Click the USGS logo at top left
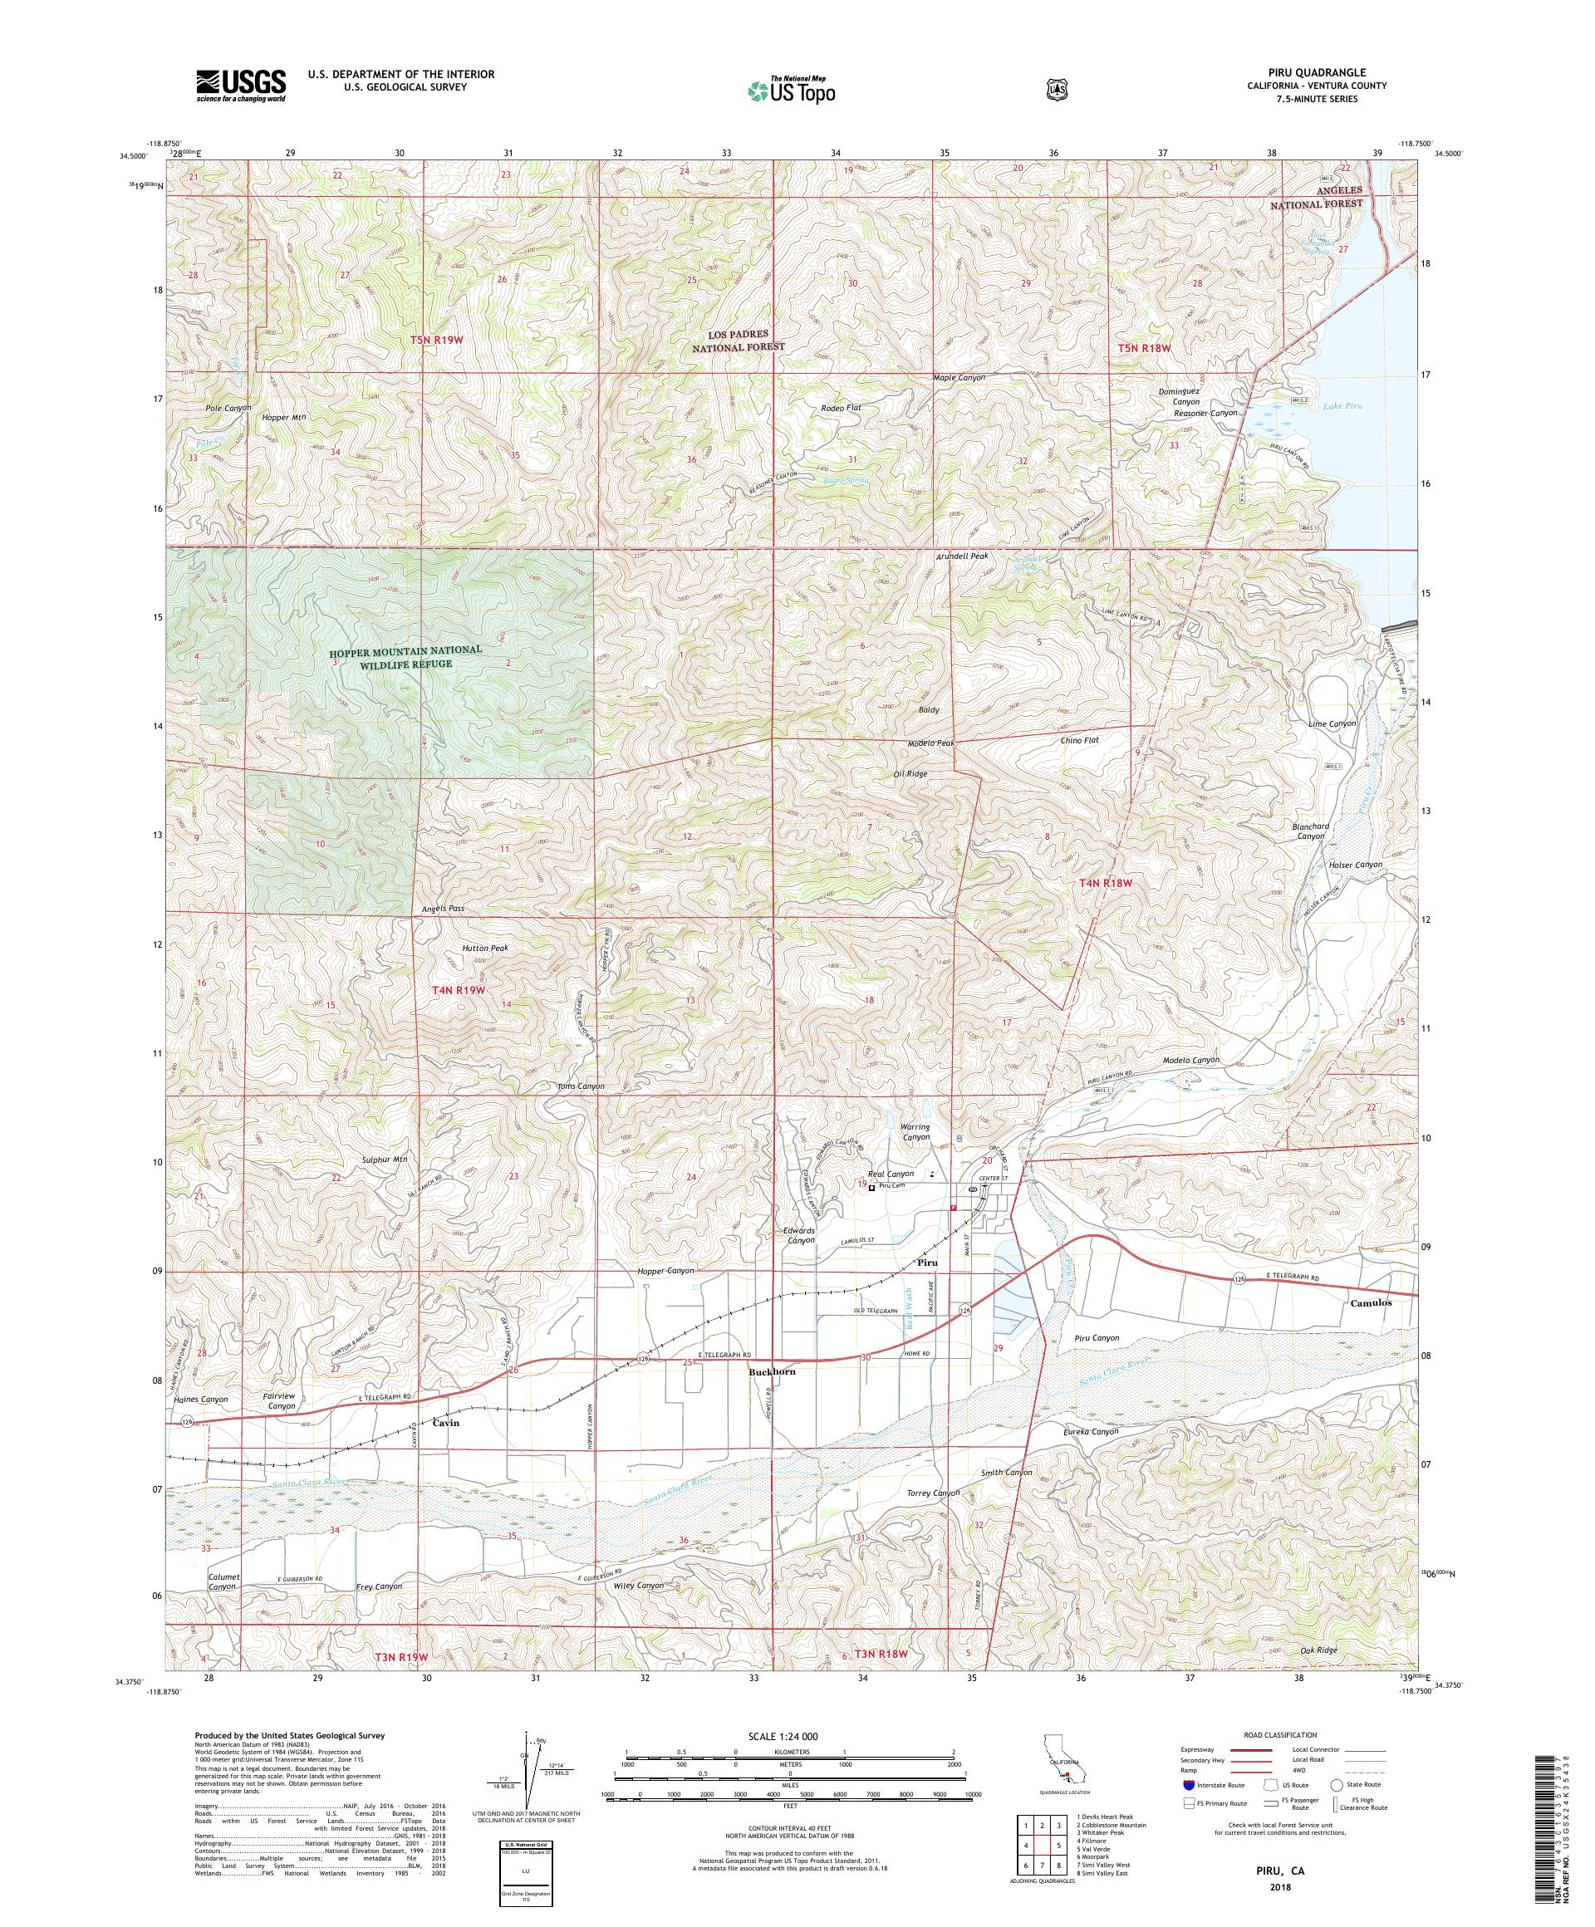(239, 86)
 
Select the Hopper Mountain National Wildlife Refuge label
(405, 656)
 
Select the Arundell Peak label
(962, 556)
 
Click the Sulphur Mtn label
(385, 1160)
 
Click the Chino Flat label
(1079, 739)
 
